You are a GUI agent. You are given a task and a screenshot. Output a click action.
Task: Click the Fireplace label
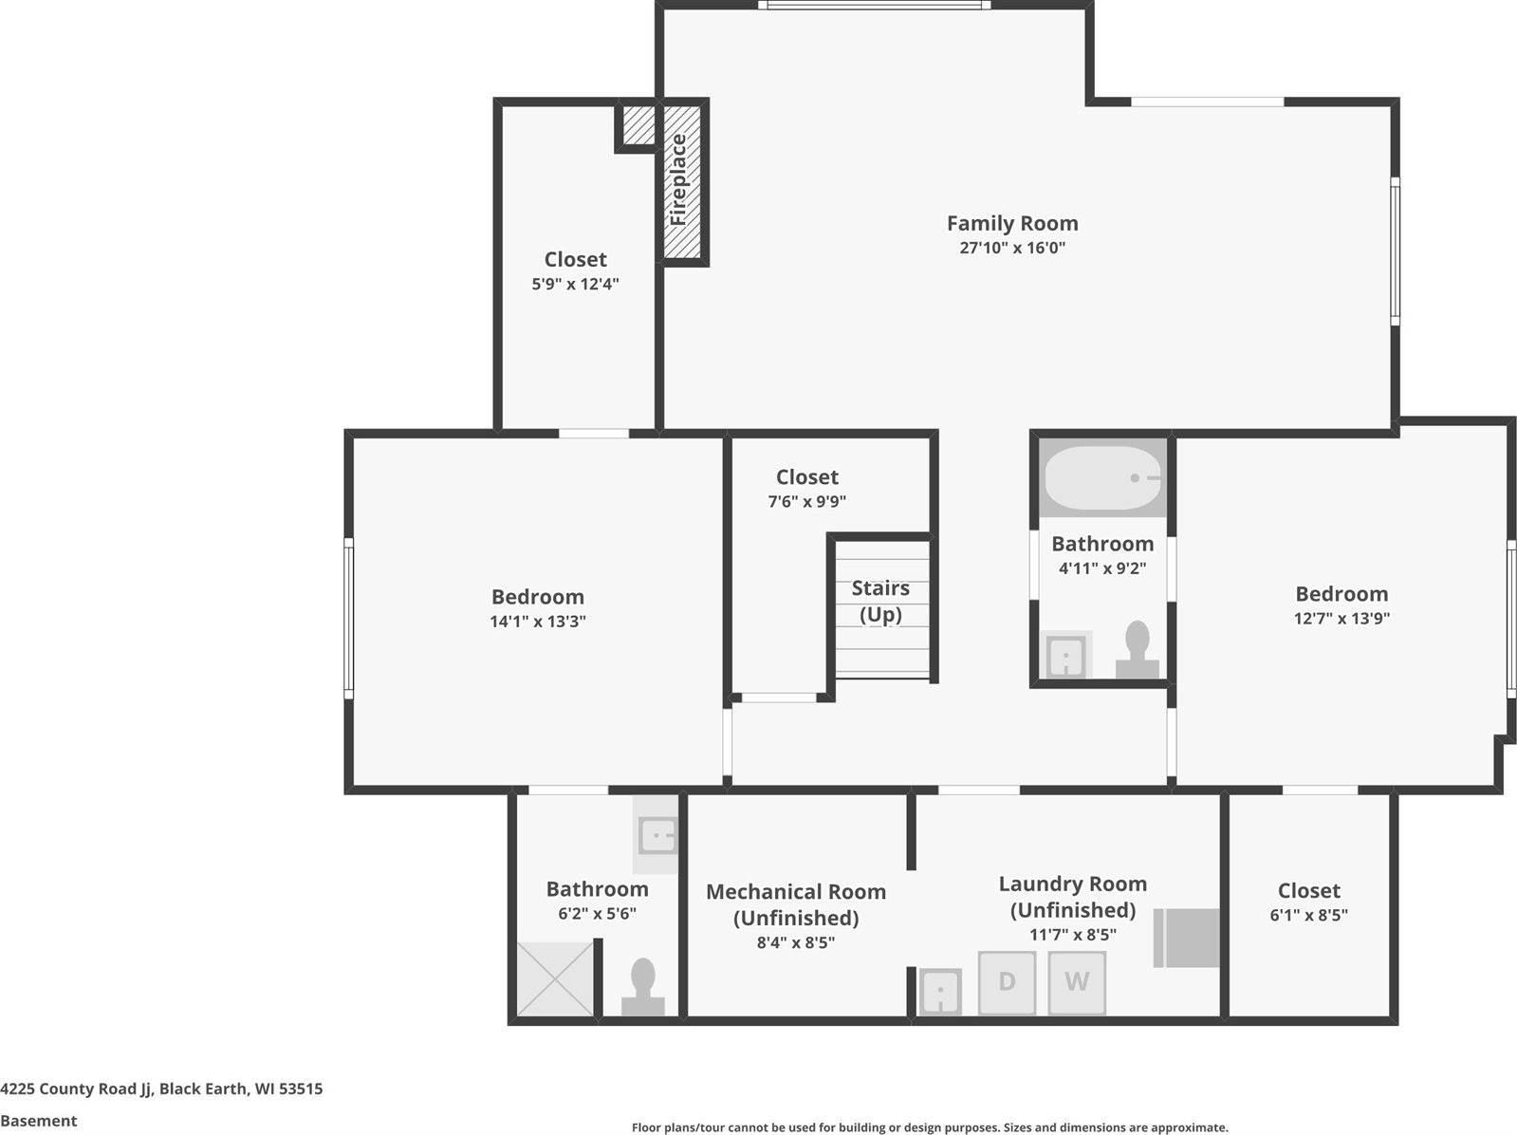[x=678, y=179]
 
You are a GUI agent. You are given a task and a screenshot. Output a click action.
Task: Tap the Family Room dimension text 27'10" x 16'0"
[x=1012, y=248]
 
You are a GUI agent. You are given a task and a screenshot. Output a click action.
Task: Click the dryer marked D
[x=1007, y=981]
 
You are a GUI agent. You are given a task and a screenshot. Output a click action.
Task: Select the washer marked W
[x=1077, y=981]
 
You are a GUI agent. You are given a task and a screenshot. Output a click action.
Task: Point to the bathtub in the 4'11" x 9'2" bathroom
[x=1101, y=478]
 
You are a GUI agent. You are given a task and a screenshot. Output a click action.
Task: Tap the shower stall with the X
[x=555, y=978]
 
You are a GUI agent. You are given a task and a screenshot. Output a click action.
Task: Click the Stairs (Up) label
[x=880, y=601]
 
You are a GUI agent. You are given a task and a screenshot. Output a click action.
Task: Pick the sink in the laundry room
[x=940, y=992]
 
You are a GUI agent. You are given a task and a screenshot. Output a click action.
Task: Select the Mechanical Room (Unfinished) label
[x=795, y=904]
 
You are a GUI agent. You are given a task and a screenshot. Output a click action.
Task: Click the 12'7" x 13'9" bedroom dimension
[x=1341, y=618]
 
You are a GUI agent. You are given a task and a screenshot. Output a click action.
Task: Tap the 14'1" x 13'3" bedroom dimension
[x=538, y=622]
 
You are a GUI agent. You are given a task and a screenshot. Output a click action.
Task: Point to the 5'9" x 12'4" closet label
[x=575, y=260]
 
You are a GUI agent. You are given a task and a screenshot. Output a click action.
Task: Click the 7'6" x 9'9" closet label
[x=807, y=477]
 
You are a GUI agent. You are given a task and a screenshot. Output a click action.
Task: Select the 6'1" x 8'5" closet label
[x=1308, y=891]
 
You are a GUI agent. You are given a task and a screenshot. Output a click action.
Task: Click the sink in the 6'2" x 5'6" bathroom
[x=657, y=836]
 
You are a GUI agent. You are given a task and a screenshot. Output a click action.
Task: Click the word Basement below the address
[x=39, y=1121]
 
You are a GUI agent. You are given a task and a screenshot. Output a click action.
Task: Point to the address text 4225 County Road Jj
[x=76, y=1088]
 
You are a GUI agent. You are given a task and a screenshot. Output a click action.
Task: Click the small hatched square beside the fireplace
[x=638, y=124]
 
